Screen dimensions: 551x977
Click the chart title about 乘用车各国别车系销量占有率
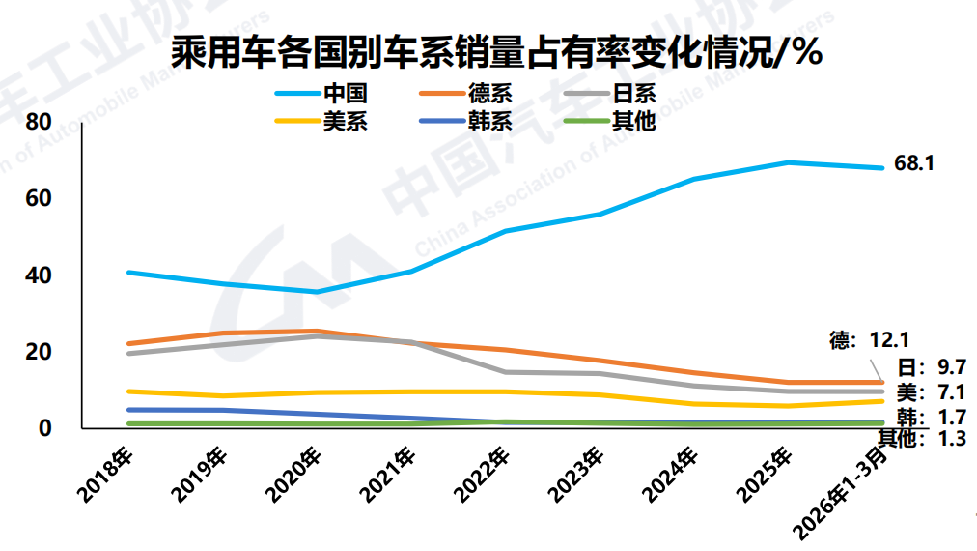tap(496, 52)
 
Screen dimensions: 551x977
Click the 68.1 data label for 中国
tap(914, 163)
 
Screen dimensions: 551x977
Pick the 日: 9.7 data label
tap(933, 366)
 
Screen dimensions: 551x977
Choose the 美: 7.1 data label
tap(933, 391)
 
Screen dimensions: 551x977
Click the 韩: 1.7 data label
tap(933, 418)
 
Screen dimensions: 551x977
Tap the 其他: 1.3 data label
tap(922, 438)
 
